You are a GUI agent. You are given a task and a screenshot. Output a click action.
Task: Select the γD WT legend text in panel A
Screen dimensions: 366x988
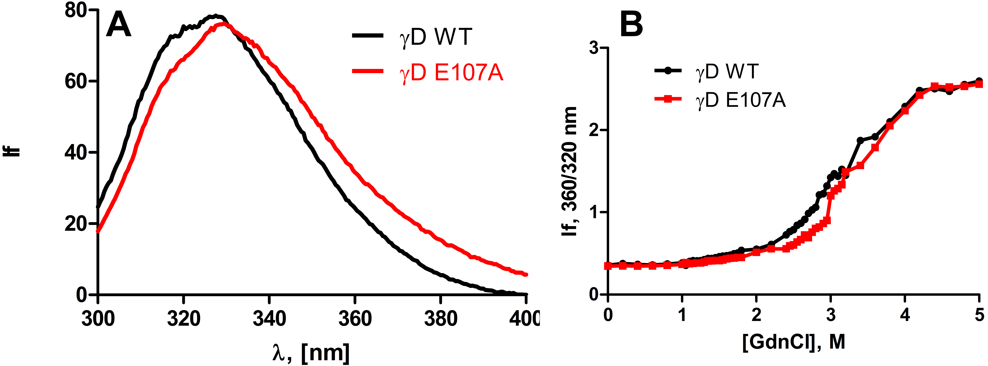pyautogui.click(x=435, y=37)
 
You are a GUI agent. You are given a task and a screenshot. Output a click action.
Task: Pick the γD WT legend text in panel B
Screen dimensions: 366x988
pyautogui.click(x=727, y=71)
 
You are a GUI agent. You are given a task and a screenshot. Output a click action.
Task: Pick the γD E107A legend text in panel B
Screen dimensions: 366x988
pyautogui.click(x=740, y=100)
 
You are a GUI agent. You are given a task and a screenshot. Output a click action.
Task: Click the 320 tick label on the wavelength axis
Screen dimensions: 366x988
pyautogui.click(x=184, y=318)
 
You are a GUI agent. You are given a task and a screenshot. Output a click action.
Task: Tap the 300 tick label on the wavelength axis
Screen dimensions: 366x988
pyautogui.click(x=98, y=318)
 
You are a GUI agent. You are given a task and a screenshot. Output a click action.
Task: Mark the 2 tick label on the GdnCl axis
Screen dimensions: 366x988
pyautogui.click(x=756, y=315)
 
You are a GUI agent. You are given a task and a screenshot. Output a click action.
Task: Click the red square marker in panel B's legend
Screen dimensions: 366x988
pyautogui.click(x=668, y=99)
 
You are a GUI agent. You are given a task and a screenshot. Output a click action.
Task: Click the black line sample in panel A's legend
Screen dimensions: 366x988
pyautogui.click(x=367, y=36)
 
